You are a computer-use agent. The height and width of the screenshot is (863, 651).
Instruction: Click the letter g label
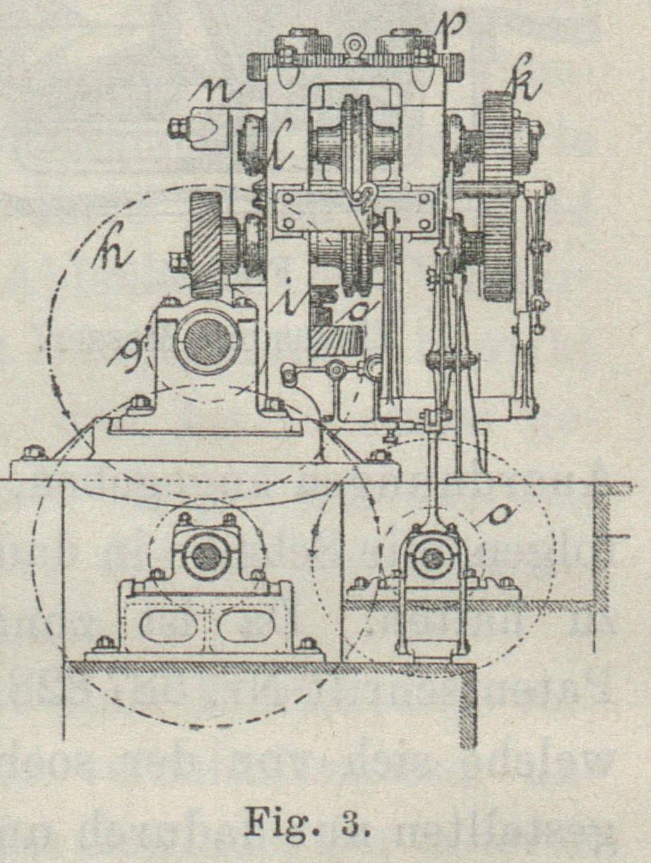[x=129, y=351]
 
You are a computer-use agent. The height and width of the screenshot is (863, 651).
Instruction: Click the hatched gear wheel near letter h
[x=205, y=243]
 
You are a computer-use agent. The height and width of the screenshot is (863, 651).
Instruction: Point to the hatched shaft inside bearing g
[x=208, y=342]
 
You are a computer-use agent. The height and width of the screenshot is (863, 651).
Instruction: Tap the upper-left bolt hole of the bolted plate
[x=285, y=198]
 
